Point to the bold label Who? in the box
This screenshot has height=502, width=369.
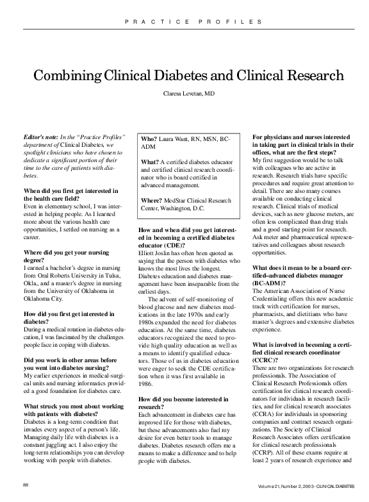point(149,139)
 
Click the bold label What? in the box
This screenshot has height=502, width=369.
point(151,162)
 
